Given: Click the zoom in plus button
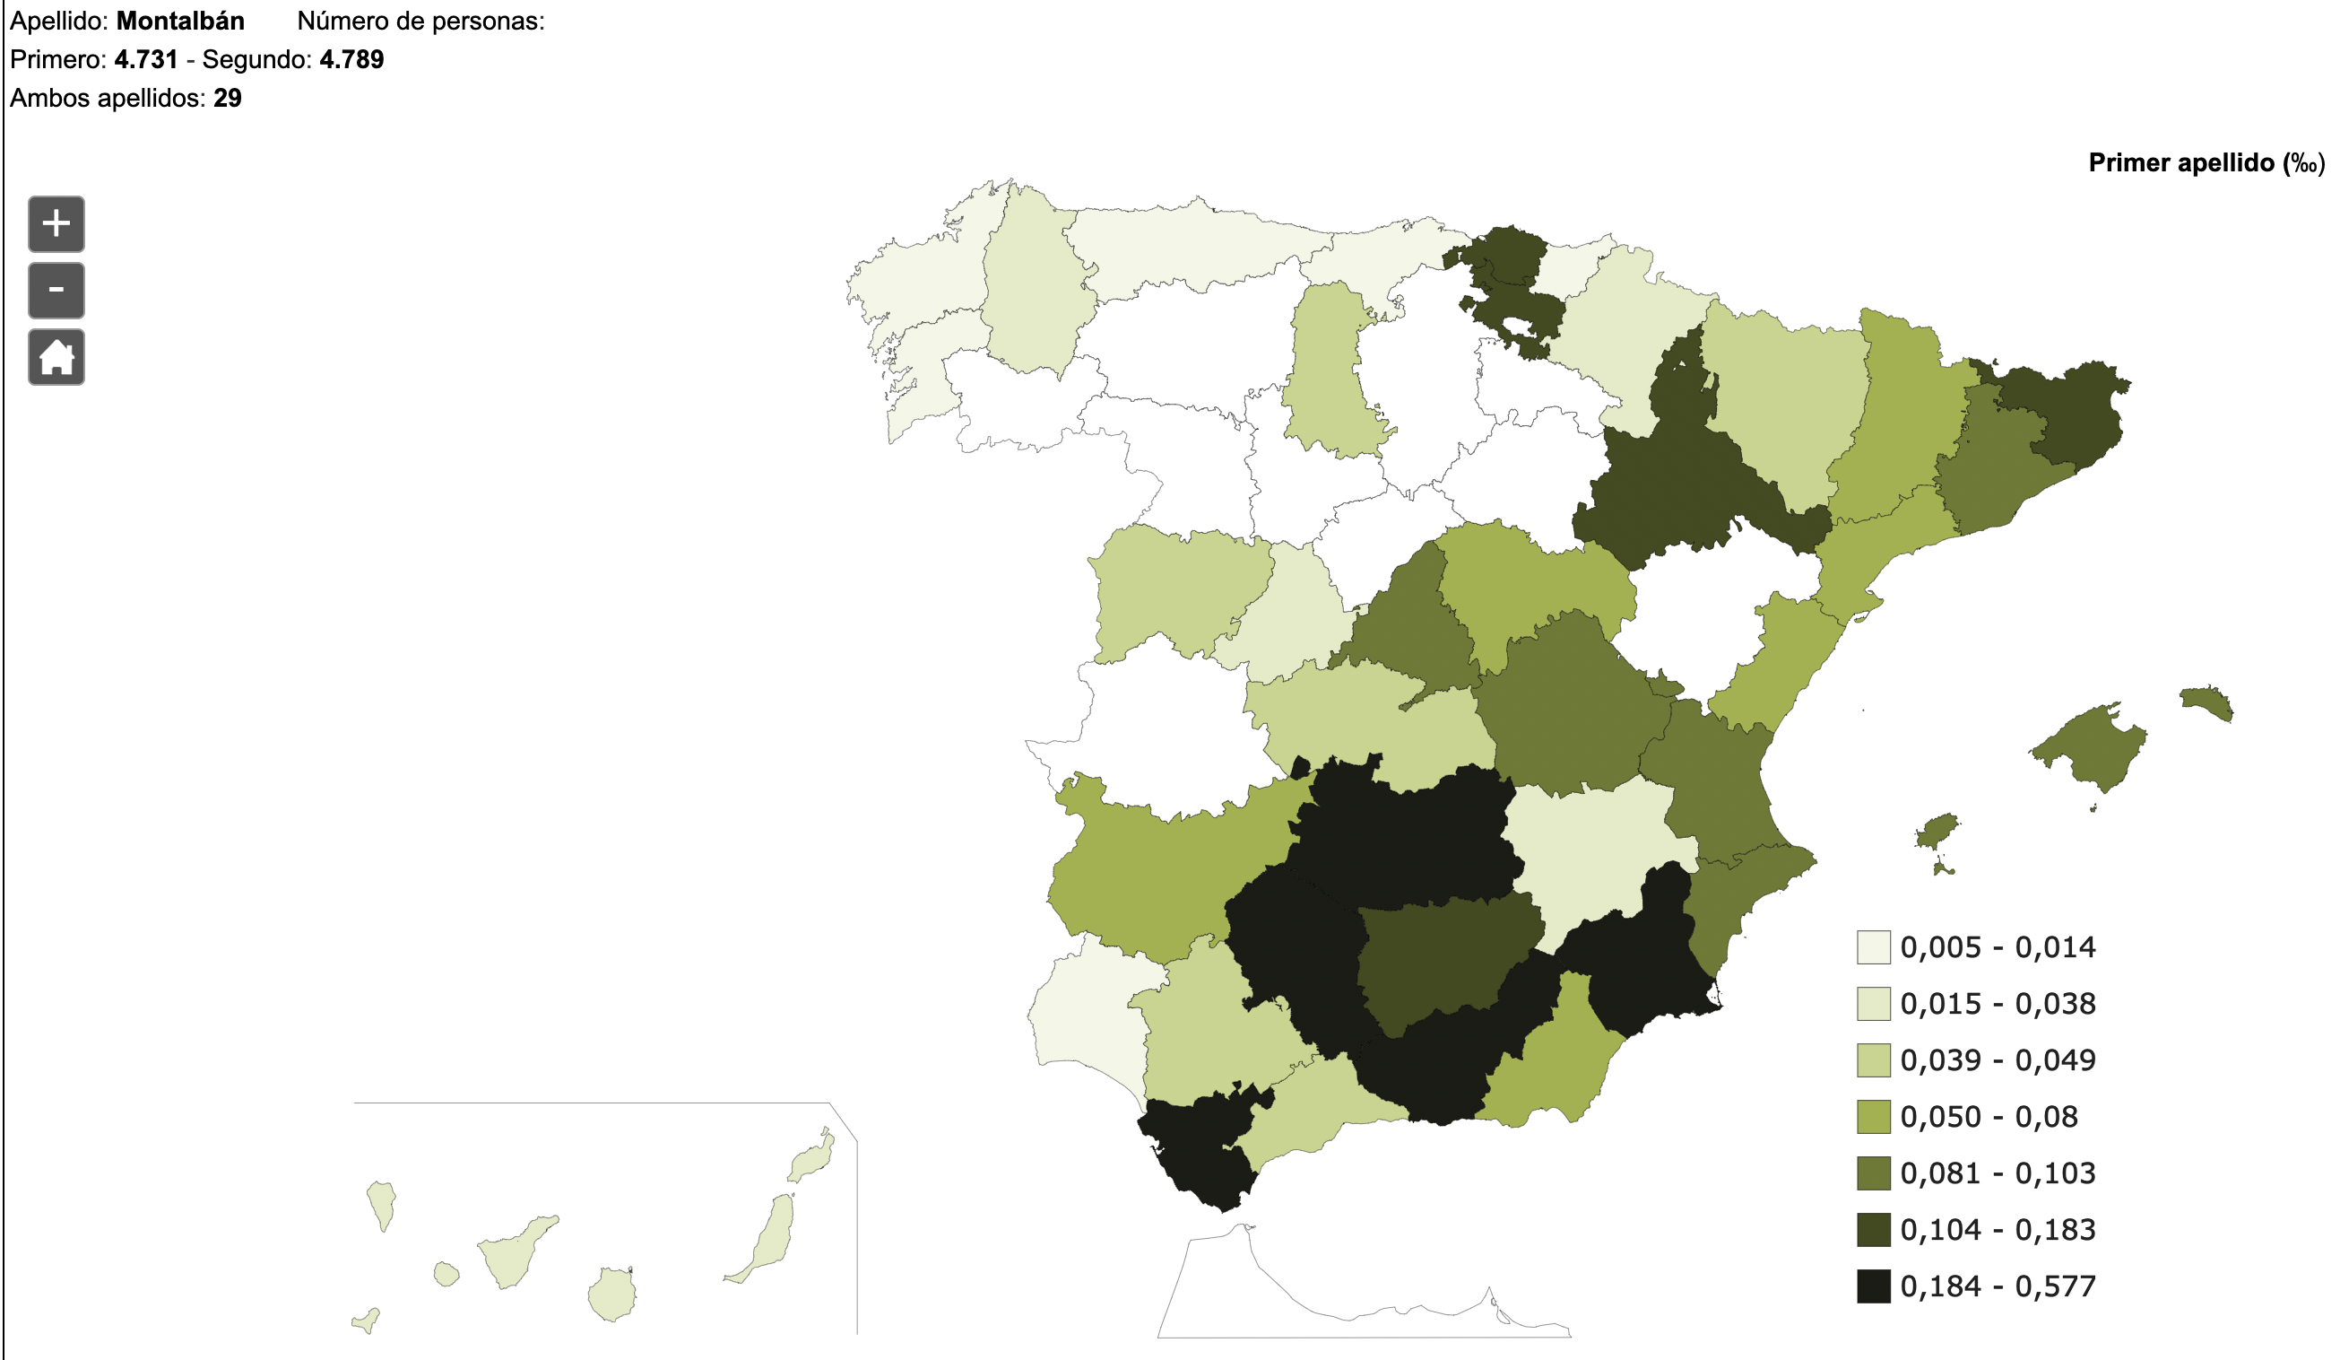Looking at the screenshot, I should (x=56, y=224).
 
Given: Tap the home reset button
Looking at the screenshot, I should (x=56, y=357).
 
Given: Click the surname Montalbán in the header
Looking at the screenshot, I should (x=180, y=21).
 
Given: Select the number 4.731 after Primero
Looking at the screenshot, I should (x=146, y=59).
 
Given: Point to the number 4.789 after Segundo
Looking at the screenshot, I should (x=352, y=59).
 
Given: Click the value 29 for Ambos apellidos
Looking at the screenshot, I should (x=228, y=99).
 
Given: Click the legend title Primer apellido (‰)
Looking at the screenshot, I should (x=2206, y=162).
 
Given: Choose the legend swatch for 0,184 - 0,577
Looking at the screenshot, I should (x=1873, y=1286).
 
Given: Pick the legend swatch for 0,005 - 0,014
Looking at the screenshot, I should (x=1873, y=947).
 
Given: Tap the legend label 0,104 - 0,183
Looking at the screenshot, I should (x=1998, y=1230).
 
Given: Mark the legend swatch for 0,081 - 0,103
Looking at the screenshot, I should (x=1873, y=1173).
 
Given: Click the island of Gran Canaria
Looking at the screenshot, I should (x=612, y=1294).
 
